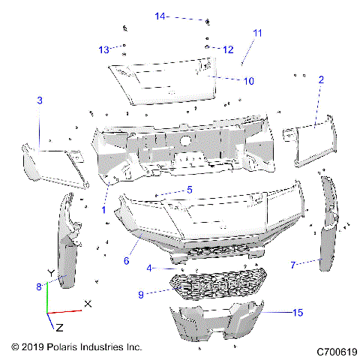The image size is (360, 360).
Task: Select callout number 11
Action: tap(257, 34)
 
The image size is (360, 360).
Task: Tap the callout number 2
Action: tap(321, 79)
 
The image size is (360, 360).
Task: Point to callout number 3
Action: tap(40, 100)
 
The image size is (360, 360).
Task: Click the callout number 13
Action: tap(103, 49)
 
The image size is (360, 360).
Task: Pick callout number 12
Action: tap(228, 49)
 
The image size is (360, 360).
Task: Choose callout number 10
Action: tap(249, 80)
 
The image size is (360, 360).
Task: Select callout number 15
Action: tap(298, 312)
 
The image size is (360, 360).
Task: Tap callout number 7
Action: tap(294, 264)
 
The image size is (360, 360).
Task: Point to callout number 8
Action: tap(38, 286)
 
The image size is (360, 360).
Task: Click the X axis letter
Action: tap(88, 304)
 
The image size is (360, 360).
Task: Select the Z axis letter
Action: tap(59, 328)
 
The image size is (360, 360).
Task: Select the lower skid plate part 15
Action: tap(225, 322)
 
